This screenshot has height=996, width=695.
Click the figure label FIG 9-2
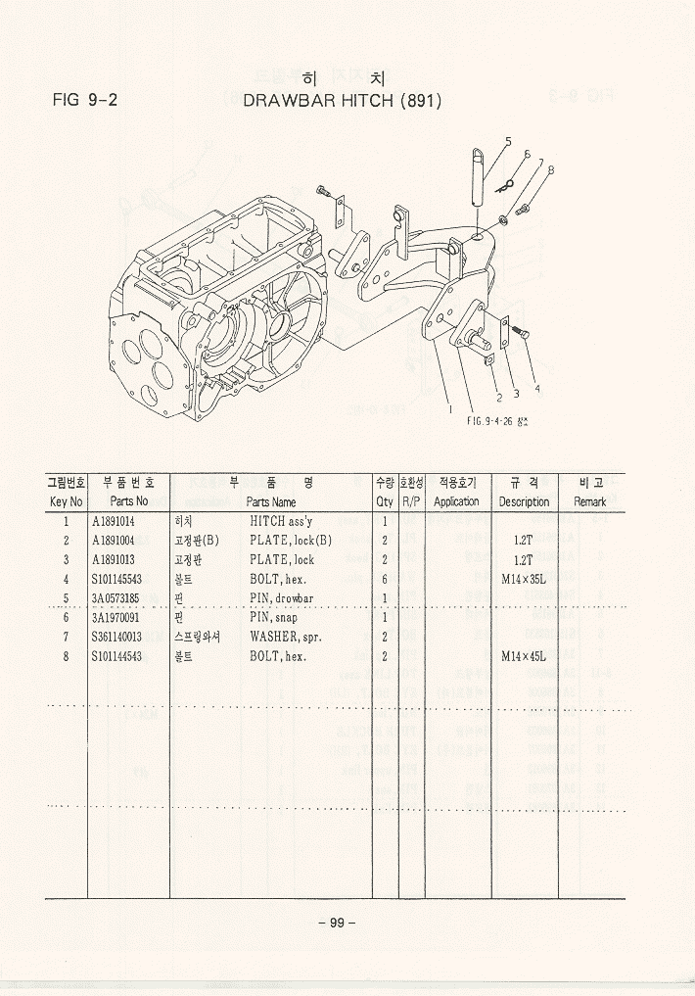(85, 100)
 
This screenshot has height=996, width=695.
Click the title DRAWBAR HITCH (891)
(342, 100)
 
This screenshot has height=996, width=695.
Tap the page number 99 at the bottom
(336, 923)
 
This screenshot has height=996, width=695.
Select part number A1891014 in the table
(114, 522)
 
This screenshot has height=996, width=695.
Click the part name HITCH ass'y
(280, 522)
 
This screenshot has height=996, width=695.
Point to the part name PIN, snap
(273, 617)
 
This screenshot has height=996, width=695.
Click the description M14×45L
(523, 655)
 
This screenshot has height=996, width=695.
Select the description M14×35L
(523, 579)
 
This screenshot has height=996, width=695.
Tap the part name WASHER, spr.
(286, 637)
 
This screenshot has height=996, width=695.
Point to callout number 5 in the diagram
(509, 142)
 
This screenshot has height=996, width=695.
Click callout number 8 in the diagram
(551, 169)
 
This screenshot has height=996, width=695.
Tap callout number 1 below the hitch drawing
(450, 409)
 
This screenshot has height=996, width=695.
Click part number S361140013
(116, 637)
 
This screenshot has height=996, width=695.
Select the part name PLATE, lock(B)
(291, 541)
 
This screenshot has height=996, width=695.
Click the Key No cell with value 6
(66, 617)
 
